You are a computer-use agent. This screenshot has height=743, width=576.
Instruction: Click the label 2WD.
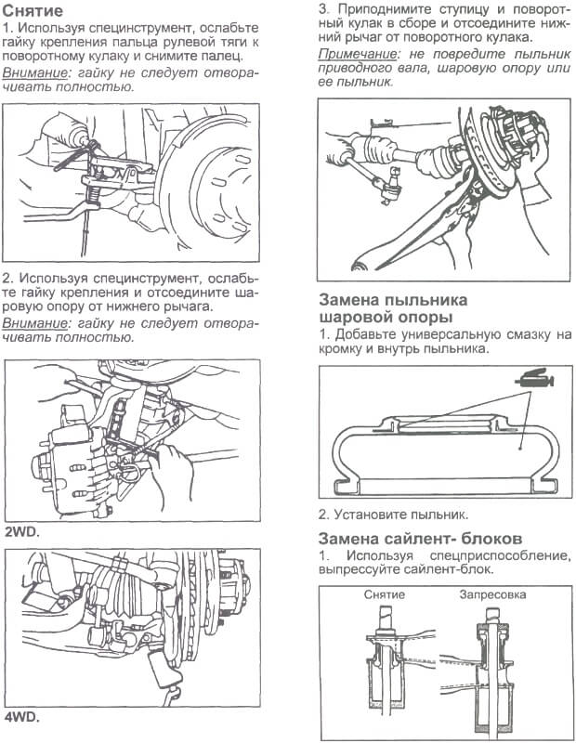[x=22, y=533]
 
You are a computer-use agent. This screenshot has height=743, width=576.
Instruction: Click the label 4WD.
[x=22, y=718]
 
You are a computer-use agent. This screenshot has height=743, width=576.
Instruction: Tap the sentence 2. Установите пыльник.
[x=393, y=514]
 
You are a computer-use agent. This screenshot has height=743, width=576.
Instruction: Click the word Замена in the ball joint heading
[x=354, y=300]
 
